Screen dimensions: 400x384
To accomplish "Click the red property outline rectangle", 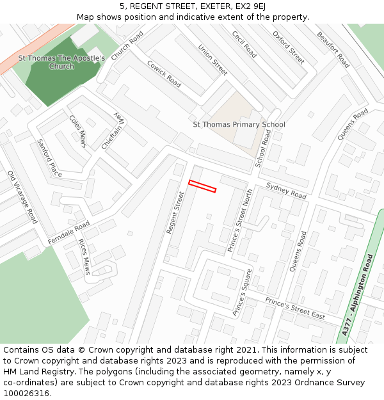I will (202, 186).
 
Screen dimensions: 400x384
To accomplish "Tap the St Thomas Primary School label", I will (239, 124).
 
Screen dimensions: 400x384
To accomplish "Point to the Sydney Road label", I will (286, 190).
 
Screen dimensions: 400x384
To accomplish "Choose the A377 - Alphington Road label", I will (357, 294).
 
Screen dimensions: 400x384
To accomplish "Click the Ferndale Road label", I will (68, 232).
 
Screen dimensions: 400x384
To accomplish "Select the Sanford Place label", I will (49, 158).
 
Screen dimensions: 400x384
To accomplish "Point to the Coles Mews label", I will (77, 131).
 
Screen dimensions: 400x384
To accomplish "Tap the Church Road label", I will (127, 47).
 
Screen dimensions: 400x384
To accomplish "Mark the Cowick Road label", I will (164, 74).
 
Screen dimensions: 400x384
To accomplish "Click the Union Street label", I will (212, 60).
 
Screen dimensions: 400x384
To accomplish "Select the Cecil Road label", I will (244, 45).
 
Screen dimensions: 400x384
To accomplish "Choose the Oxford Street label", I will (289, 47).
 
